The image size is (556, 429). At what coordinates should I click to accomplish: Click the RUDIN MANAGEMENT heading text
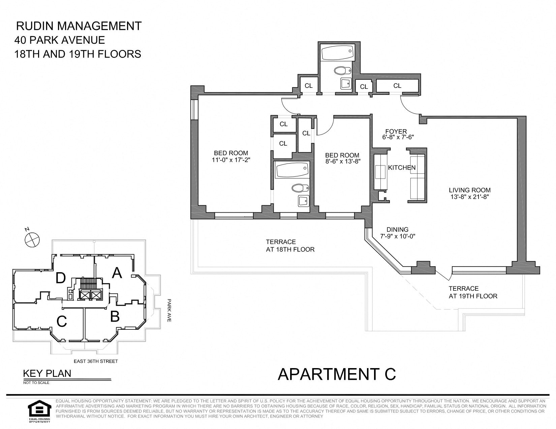(79, 26)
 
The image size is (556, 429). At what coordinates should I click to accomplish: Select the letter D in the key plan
(61, 278)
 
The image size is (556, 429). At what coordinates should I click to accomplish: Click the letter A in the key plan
(117, 273)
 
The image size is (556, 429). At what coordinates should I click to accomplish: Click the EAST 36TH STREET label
(96, 361)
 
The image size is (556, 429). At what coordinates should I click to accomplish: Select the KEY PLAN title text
(47, 373)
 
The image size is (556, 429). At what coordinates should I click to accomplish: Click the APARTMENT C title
(337, 374)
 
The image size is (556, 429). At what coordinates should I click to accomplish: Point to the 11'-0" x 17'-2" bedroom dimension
(231, 160)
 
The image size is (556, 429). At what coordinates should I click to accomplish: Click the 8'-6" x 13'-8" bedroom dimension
(343, 161)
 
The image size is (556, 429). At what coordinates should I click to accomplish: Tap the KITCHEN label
(402, 168)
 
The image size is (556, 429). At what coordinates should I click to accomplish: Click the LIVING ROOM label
(469, 190)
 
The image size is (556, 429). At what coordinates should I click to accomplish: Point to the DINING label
(398, 229)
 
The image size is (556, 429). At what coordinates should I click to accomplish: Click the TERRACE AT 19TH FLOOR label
(473, 292)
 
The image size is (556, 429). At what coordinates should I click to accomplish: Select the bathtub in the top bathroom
(337, 53)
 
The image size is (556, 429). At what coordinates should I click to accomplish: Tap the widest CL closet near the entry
(397, 86)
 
